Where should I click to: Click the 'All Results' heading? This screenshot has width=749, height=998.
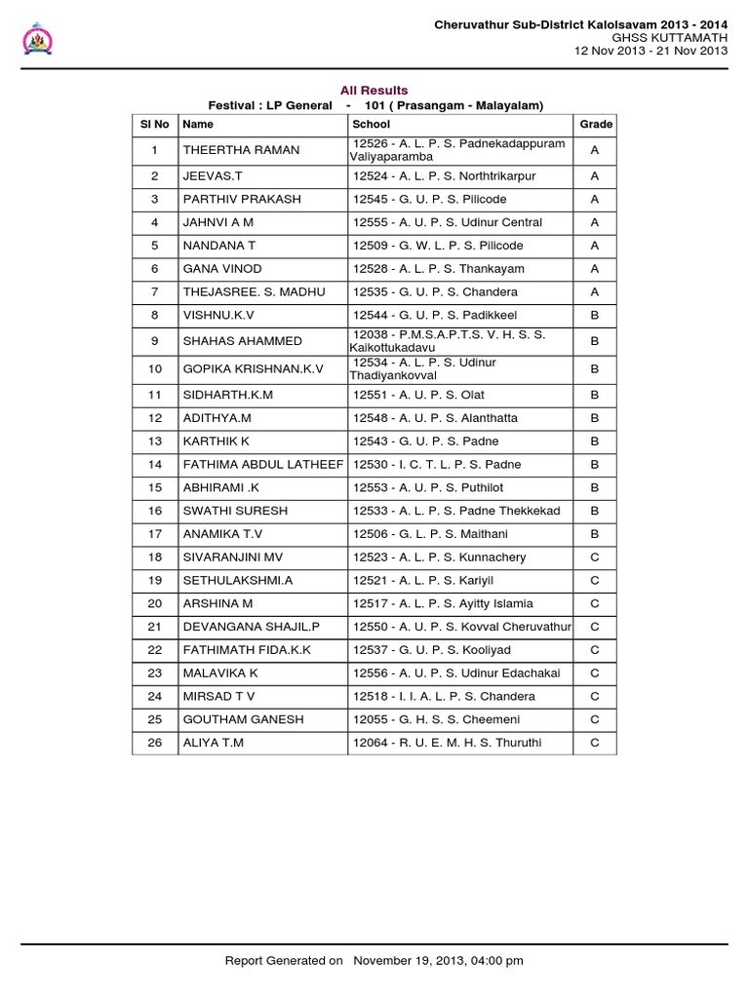tap(374, 91)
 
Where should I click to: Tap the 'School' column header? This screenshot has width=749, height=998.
tap(372, 125)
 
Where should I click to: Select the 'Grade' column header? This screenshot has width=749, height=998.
tap(595, 125)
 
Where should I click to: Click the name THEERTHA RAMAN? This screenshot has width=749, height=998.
tap(241, 150)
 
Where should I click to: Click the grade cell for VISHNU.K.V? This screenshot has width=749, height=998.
tap(595, 316)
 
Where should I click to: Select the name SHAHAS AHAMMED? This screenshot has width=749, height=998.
tap(242, 341)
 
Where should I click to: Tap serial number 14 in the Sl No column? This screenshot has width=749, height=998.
tap(154, 465)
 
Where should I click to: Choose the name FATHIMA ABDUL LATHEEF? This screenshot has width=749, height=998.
tap(262, 465)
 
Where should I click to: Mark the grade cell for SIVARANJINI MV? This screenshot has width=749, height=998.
tap(595, 557)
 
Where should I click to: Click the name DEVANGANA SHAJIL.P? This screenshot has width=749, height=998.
tap(251, 627)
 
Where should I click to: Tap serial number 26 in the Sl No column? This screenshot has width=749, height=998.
tap(154, 743)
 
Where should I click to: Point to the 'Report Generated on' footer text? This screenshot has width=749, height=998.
tap(284, 961)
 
